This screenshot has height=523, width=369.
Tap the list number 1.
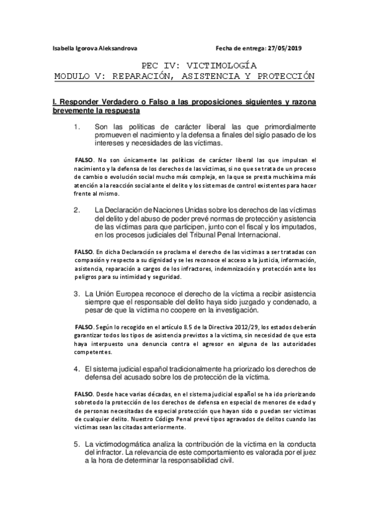click(77, 127)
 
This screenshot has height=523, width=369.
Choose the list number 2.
click(77, 210)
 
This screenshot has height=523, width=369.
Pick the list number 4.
click(77, 368)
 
